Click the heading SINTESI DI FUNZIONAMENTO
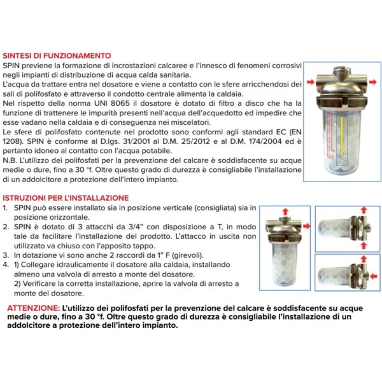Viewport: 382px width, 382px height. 58,56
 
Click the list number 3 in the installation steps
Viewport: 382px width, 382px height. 6,254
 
